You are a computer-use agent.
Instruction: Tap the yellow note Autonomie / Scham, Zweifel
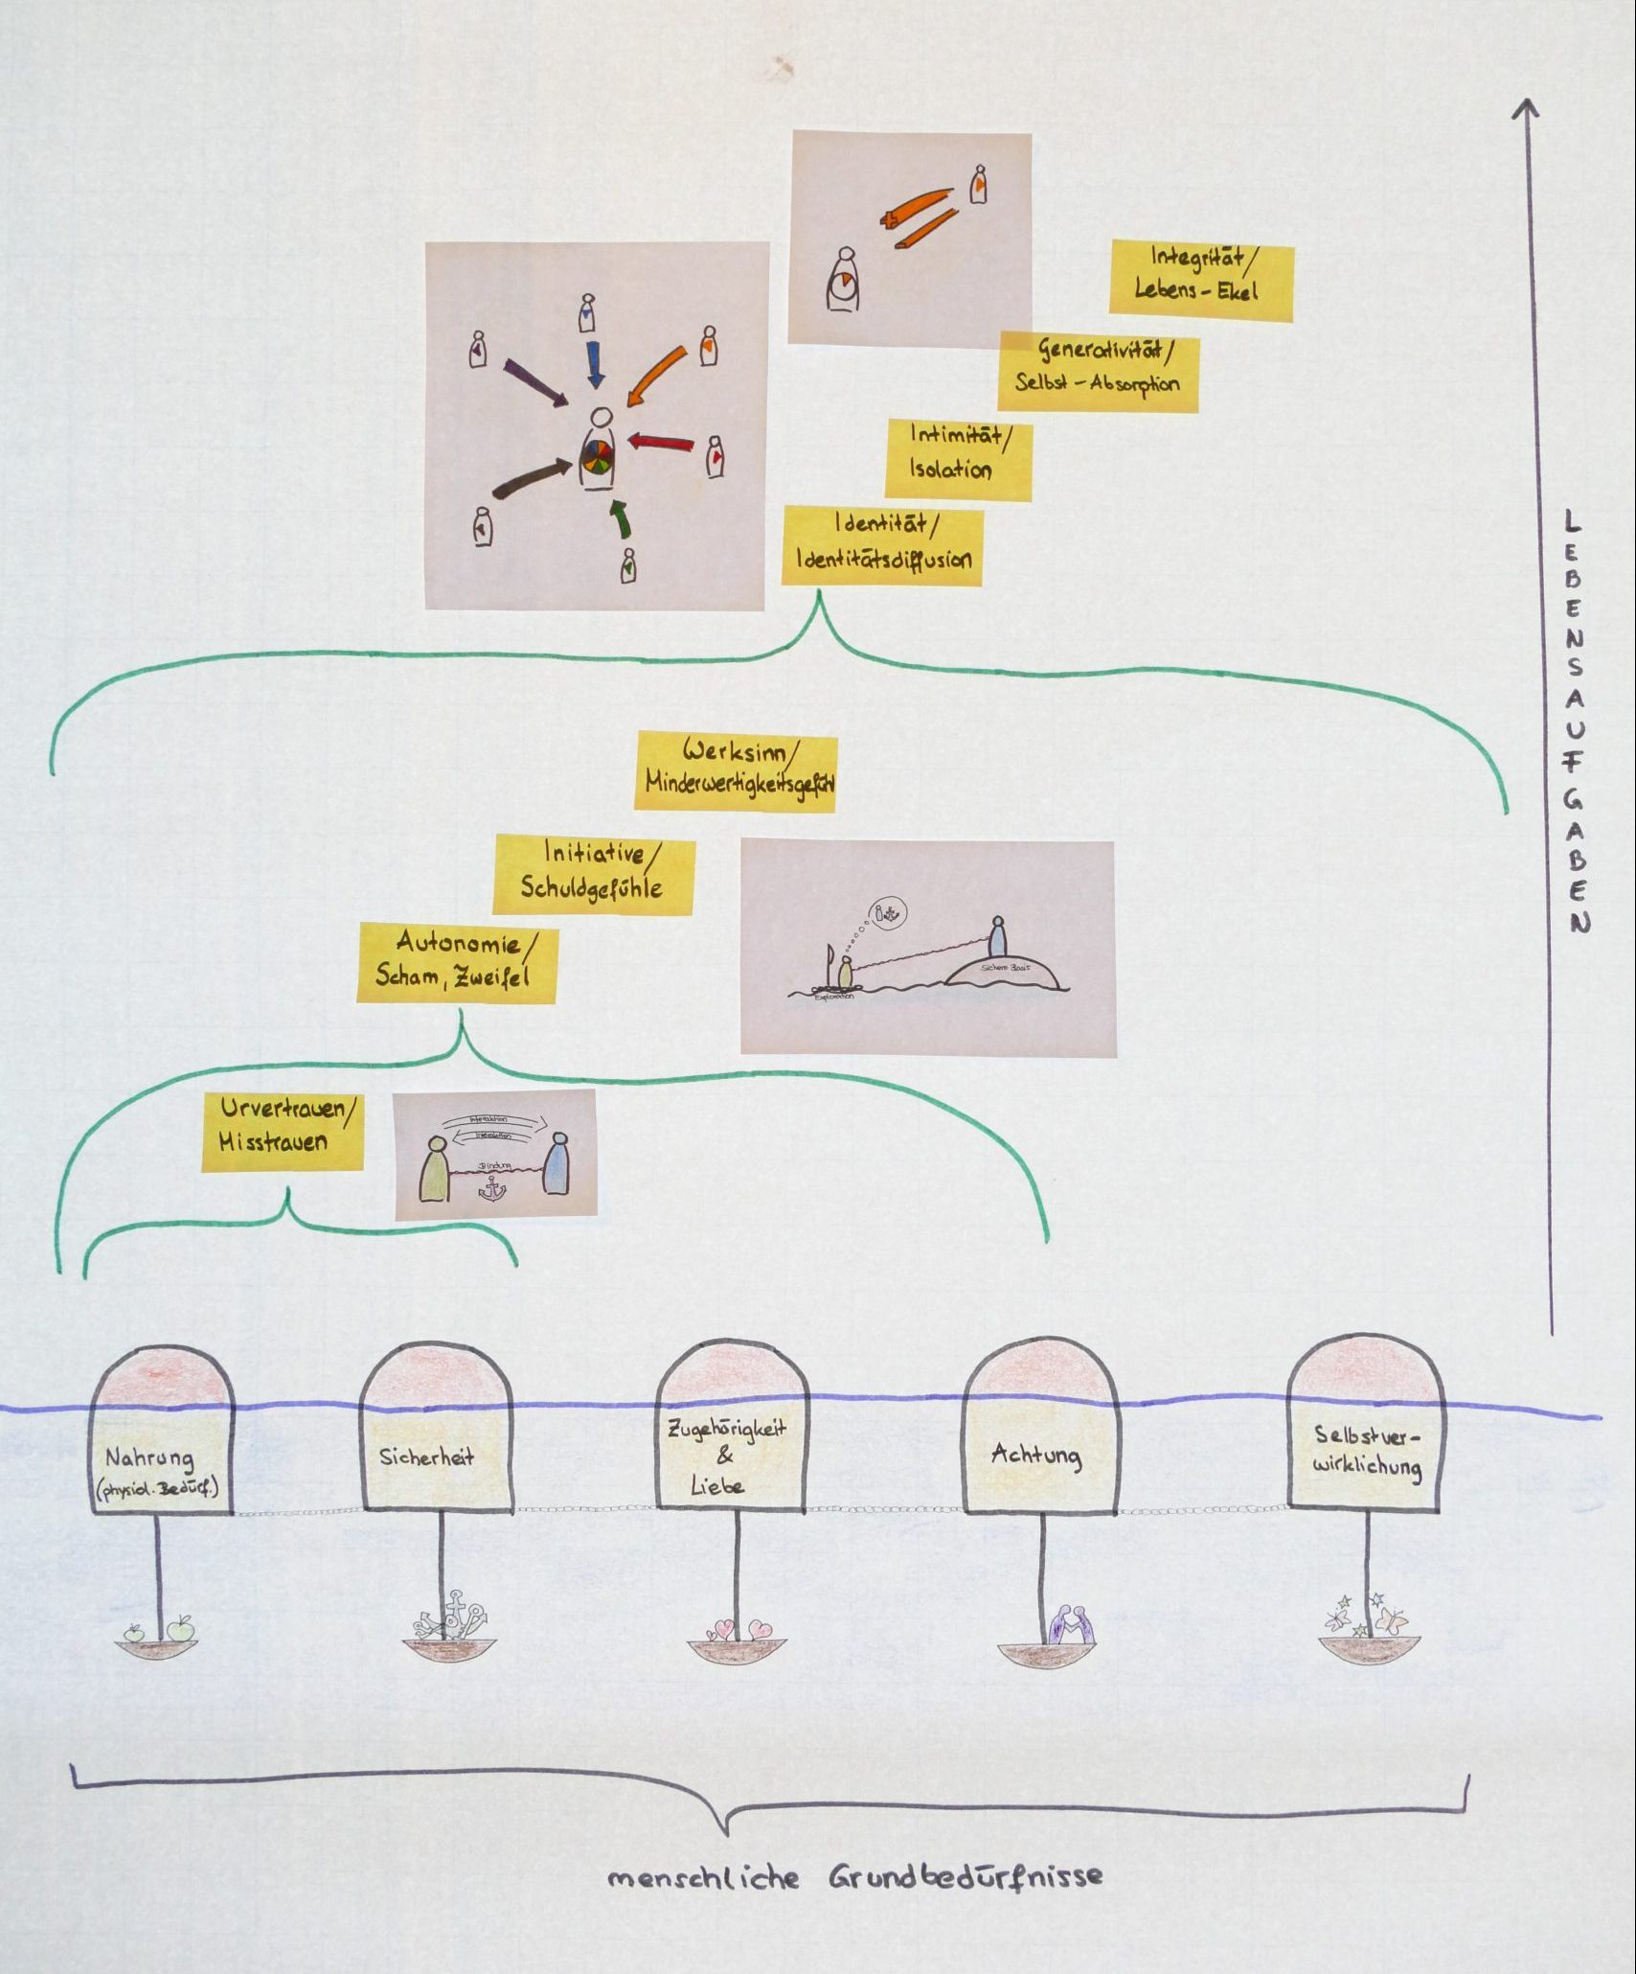456,962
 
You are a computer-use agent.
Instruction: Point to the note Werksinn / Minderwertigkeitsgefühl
736,772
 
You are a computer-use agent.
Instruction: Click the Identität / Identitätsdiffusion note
882,544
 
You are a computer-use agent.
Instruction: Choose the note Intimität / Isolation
958,458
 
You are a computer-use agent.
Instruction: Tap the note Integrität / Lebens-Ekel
1201,280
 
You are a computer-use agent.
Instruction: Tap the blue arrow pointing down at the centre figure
595,364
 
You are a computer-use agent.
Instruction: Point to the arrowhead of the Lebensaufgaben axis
1525,107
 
